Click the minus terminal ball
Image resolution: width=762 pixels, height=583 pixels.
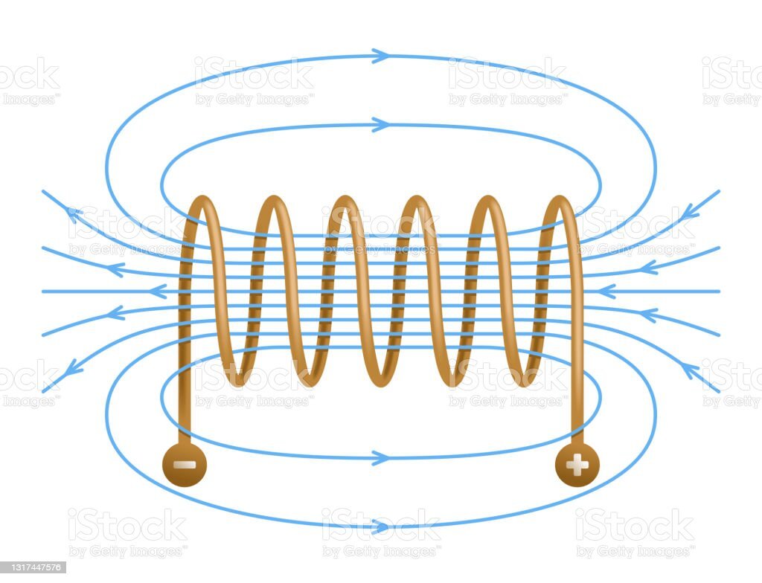pyautogui.click(x=184, y=465)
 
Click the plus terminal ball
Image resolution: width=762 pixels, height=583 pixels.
pyautogui.click(x=577, y=465)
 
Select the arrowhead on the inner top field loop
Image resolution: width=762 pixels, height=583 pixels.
pyautogui.click(x=380, y=124)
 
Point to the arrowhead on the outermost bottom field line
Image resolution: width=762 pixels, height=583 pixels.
pyautogui.click(x=380, y=526)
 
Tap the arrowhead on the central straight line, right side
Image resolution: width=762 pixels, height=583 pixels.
pyautogui.click(x=606, y=291)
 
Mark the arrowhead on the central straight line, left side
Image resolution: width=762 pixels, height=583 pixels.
pyautogui.click(x=157, y=291)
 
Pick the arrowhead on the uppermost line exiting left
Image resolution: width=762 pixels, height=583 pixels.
pyautogui.click(x=74, y=214)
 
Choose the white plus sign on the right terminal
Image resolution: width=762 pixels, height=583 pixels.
pyautogui.click(x=577, y=466)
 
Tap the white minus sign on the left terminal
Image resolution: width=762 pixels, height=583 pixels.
pyautogui.click(x=184, y=466)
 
